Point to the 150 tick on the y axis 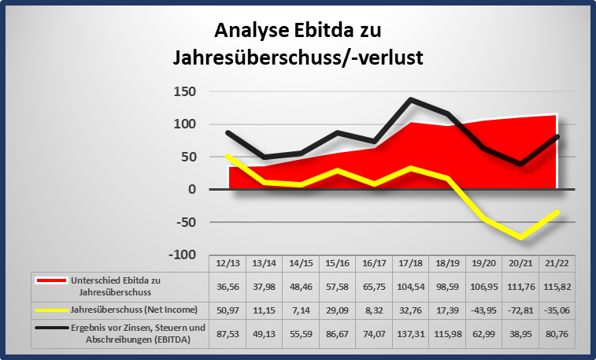[x=186, y=92]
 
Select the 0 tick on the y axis [x=191, y=190]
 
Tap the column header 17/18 [x=410, y=262]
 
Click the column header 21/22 [x=557, y=262]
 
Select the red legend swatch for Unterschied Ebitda [x=51, y=279]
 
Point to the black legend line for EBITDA [x=51, y=328]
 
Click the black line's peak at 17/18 [x=411, y=100]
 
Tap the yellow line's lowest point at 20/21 [x=520, y=237]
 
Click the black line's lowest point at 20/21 [x=520, y=164]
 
